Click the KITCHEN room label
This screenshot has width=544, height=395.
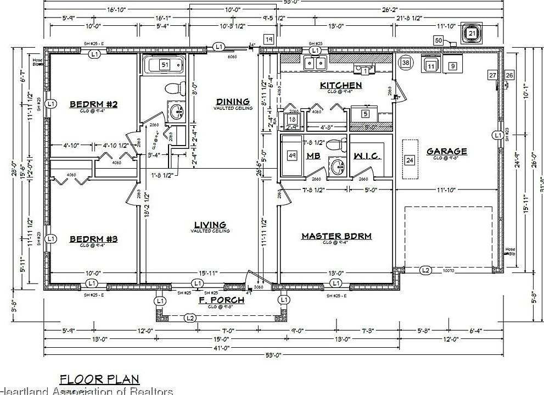[x=341, y=85]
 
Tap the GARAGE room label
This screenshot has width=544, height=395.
[x=446, y=151]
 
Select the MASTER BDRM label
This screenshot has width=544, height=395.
[x=337, y=236]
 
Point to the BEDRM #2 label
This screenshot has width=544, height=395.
[x=94, y=104]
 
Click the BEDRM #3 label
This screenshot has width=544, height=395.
[x=94, y=239]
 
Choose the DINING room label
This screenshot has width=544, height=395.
[x=233, y=101]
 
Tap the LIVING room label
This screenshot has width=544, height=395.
[x=210, y=224]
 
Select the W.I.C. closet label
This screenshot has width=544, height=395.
[x=368, y=156]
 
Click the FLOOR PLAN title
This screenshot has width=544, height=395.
[x=99, y=379]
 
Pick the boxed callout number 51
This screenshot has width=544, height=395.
[x=164, y=65]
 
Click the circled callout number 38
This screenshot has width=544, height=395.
[x=406, y=63]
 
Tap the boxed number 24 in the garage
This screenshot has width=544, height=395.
[x=409, y=160]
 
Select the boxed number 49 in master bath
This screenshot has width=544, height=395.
[x=292, y=155]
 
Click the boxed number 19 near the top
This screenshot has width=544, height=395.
[x=268, y=40]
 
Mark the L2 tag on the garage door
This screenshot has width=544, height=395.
[x=425, y=270]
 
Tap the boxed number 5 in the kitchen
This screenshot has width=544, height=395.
[x=365, y=114]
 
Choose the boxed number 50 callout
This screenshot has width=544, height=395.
[x=438, y=40]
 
